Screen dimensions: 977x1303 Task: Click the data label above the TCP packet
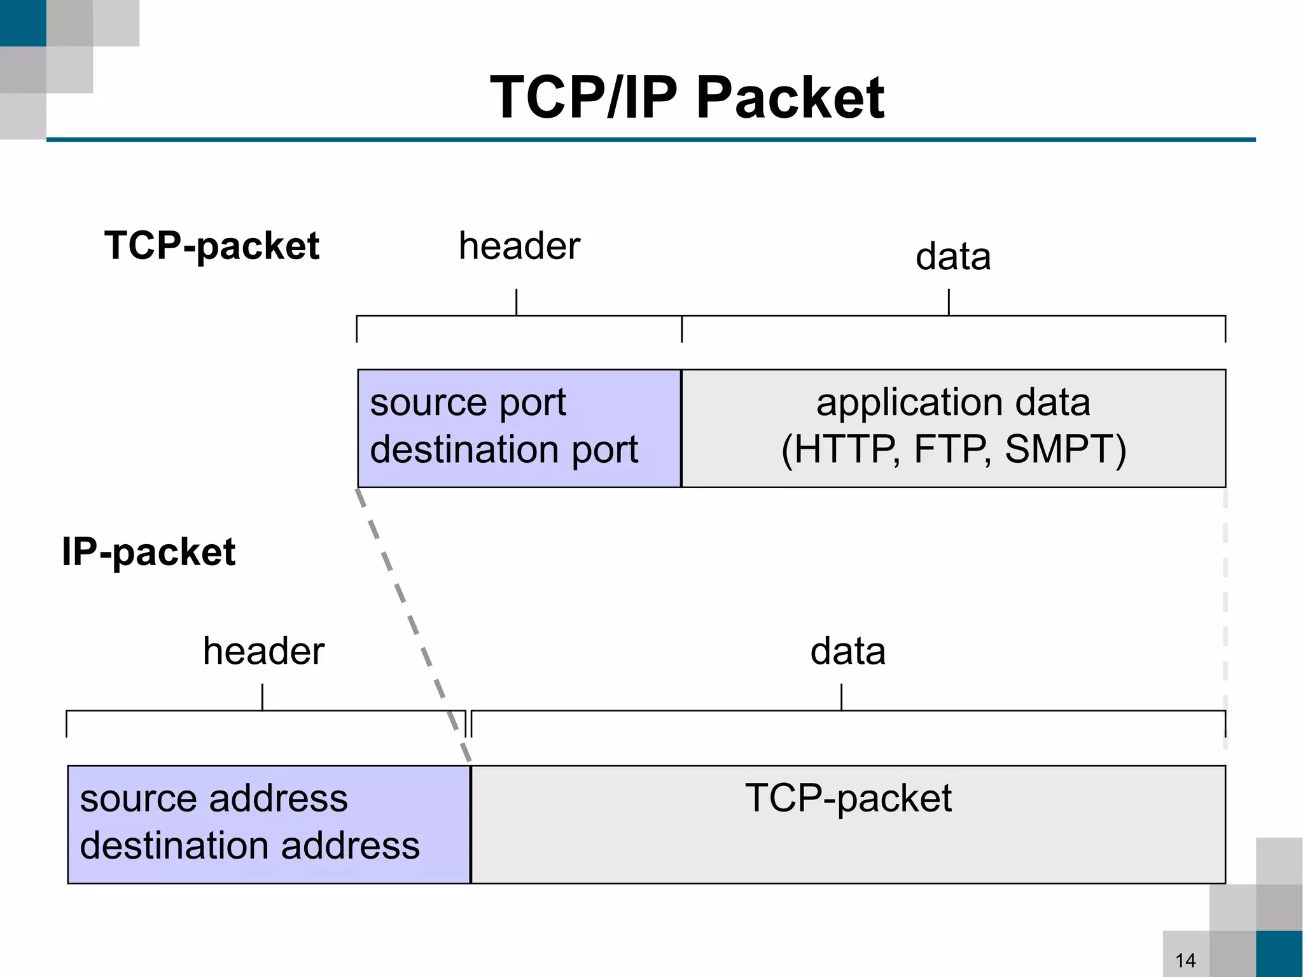pyautogui.click(x=952, y=257)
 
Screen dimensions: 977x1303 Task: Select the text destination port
pyautogui.click(x=503, y=449)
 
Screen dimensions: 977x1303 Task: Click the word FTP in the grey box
pyautogui.click(x=951, y=449)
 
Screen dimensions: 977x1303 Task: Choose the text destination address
pyautogui.click(x=249, y=845)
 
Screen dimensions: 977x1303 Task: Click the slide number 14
pyautogui.click(x=1185, y=960)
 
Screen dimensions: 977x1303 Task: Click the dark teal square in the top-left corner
pyautogui.click(x=23, y=23)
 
